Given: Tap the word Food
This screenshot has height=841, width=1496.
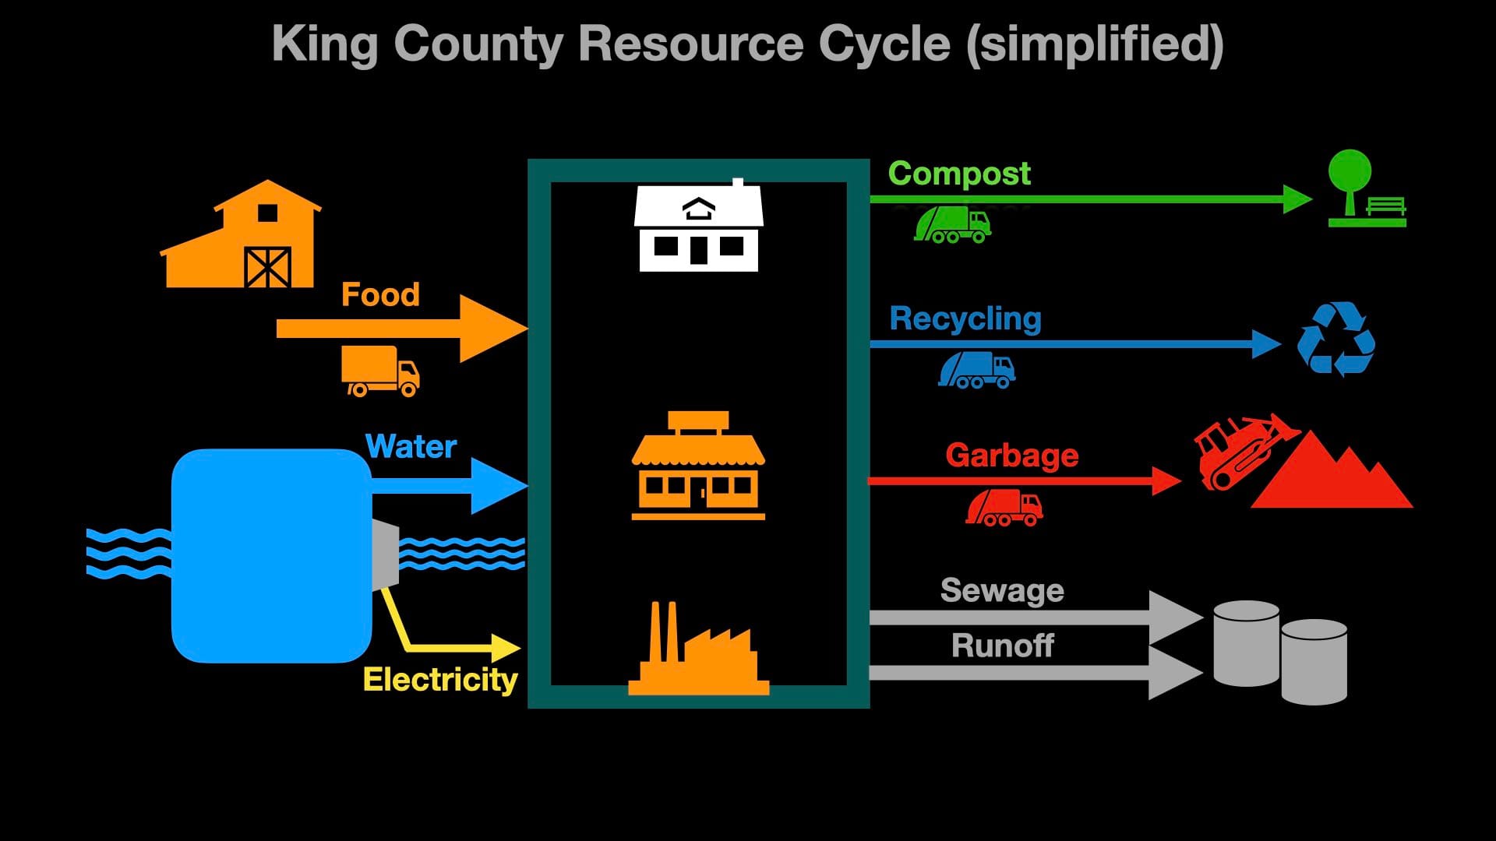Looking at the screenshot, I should (380, 295).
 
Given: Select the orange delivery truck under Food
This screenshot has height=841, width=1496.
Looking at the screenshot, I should (379, 371).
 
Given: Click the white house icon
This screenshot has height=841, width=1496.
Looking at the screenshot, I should (698, 227).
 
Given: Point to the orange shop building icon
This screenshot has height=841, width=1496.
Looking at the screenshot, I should (698, 467).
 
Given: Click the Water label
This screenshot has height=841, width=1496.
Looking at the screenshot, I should (411, 447).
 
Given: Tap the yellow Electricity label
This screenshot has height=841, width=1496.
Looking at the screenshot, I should (440, 680).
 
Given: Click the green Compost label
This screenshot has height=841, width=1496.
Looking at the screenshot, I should (959, 174).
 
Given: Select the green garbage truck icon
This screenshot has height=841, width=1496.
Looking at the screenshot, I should (952, 224).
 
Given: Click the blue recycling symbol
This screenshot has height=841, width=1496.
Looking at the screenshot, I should (1335, 340).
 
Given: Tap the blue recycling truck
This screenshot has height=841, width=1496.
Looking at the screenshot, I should (976, 370).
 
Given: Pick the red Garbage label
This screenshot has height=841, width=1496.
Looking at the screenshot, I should (1011, 456).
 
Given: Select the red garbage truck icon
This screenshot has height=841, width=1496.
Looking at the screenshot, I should (1004, 508).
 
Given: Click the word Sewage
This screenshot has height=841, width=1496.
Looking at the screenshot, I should (1002, 590).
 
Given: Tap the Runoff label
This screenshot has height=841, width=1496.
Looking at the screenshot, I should (1002, 646).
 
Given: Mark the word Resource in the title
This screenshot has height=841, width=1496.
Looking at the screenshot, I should (690, 44).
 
